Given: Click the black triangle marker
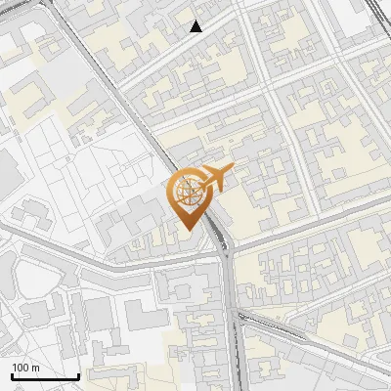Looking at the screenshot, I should [x=196, y=26].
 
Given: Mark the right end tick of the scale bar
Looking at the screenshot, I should [x=78, y=374].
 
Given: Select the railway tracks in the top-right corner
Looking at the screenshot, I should [x=379, y=12].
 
